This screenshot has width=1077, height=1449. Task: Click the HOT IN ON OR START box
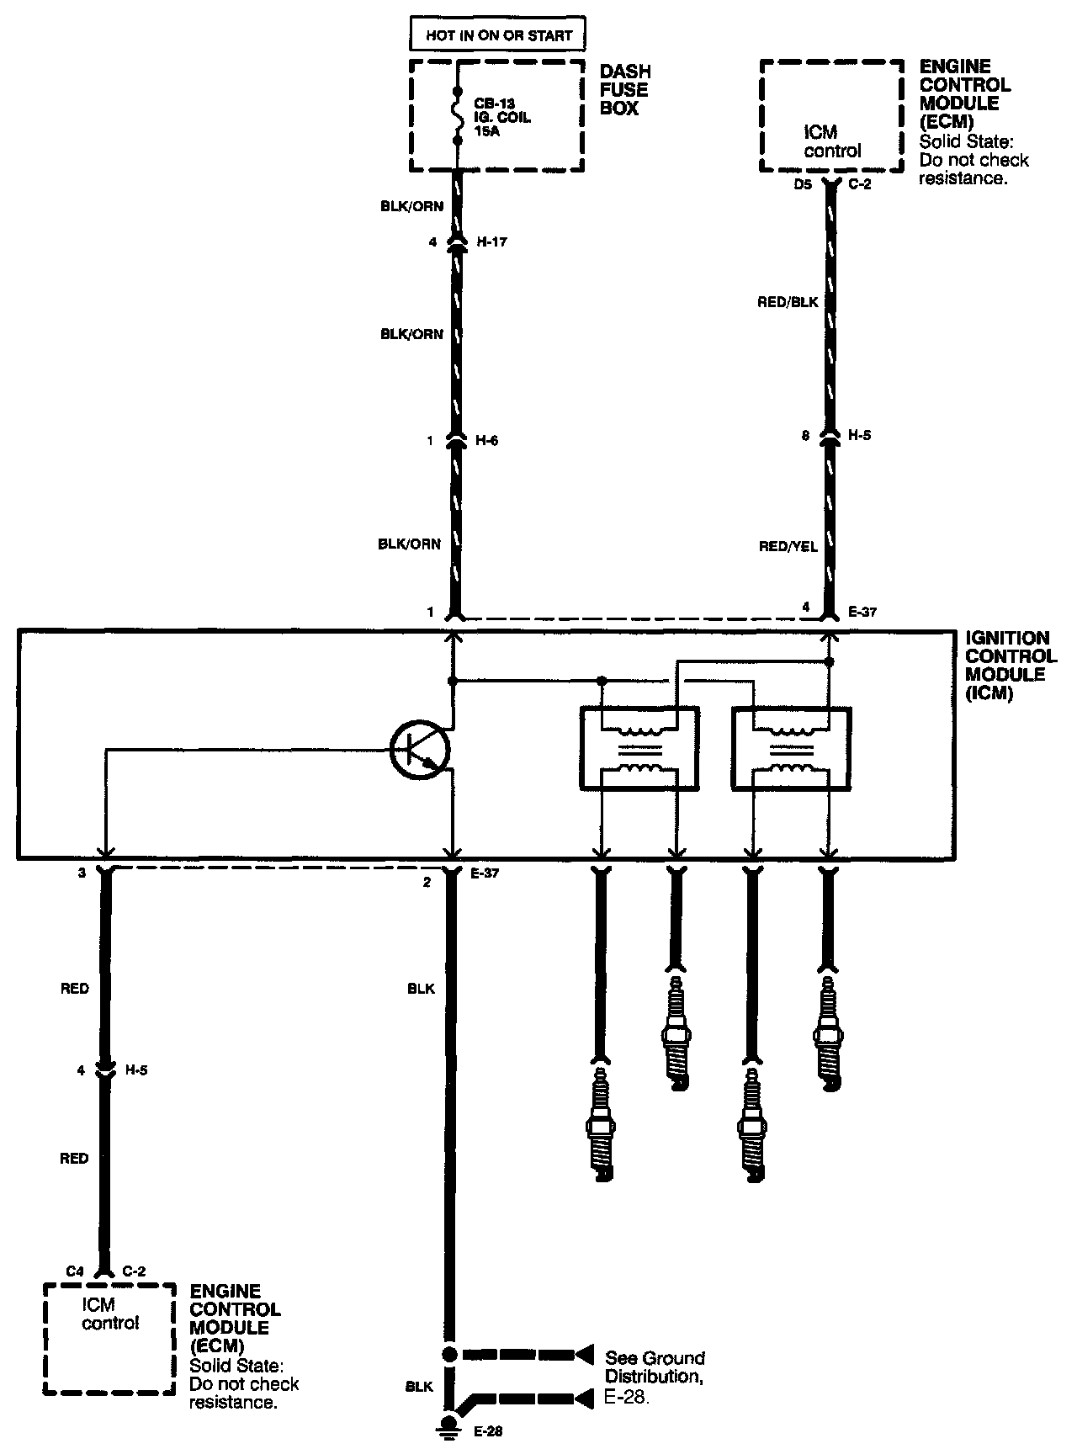(497, 35)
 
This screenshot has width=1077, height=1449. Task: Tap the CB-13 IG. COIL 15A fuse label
(502, 118)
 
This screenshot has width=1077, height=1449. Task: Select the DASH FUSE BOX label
(624, 90)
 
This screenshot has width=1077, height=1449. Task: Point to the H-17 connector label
(492, 242)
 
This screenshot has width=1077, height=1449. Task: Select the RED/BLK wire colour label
(788, 302)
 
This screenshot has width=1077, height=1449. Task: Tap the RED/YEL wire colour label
(788, 547)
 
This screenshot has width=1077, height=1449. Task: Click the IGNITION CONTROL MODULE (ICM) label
(1011, 666)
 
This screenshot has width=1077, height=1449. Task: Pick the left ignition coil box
(639, 748)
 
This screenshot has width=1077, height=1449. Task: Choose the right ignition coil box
(792, 748)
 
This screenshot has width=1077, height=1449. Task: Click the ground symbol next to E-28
(450, 1423)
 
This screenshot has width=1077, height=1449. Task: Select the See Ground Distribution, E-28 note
(655, 1375)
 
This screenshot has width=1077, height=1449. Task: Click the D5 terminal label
(803, 185)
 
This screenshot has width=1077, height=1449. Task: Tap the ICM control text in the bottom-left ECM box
(109, 1314)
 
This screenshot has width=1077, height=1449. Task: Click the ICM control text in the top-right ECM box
(832, 141)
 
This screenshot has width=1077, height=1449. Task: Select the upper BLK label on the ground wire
(421, 989)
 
